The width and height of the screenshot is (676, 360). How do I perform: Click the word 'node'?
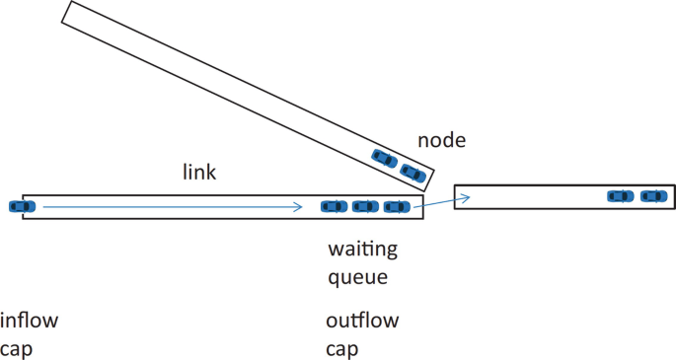pyautogui.click(x=441, y=141)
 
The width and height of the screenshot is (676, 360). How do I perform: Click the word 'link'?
pyautogui.click(x=199, y=172)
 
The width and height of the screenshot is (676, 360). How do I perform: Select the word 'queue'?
pyautogui.click(x=357, y=278)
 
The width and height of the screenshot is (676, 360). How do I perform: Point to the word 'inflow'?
pyautogui.click(x=30, y=321)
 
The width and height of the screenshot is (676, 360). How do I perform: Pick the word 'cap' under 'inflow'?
pyautogui.click(x=17, y=349)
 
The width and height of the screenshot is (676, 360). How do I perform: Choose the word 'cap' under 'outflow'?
pyautogui.click(x=341, y=349)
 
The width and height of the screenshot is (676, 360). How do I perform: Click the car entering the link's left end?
pyautogui.click(x=21, y=206)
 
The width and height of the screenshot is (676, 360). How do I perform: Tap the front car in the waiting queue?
pyautogui.click(x=397, y=206)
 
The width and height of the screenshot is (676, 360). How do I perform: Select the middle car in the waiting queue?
pyautogui.click(x=365, y=206)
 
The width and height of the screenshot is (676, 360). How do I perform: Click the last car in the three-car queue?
pyautogui.click(x=335, y=206)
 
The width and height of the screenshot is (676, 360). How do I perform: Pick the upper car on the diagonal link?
pyautogui.click(x=384, y=158)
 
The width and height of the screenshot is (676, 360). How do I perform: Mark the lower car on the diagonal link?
pyautogui.click(x=413, y=175)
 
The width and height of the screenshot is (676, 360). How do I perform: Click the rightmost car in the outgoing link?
pyautogui.click(x=651, y=196)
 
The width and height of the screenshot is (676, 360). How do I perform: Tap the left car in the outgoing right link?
pyautogui.click(x=620, y=196)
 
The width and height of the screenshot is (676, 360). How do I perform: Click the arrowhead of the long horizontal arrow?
pyautogui.click(x=298, y=207)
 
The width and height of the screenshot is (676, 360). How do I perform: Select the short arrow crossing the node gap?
pyautogui.click(x=440, y=202)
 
